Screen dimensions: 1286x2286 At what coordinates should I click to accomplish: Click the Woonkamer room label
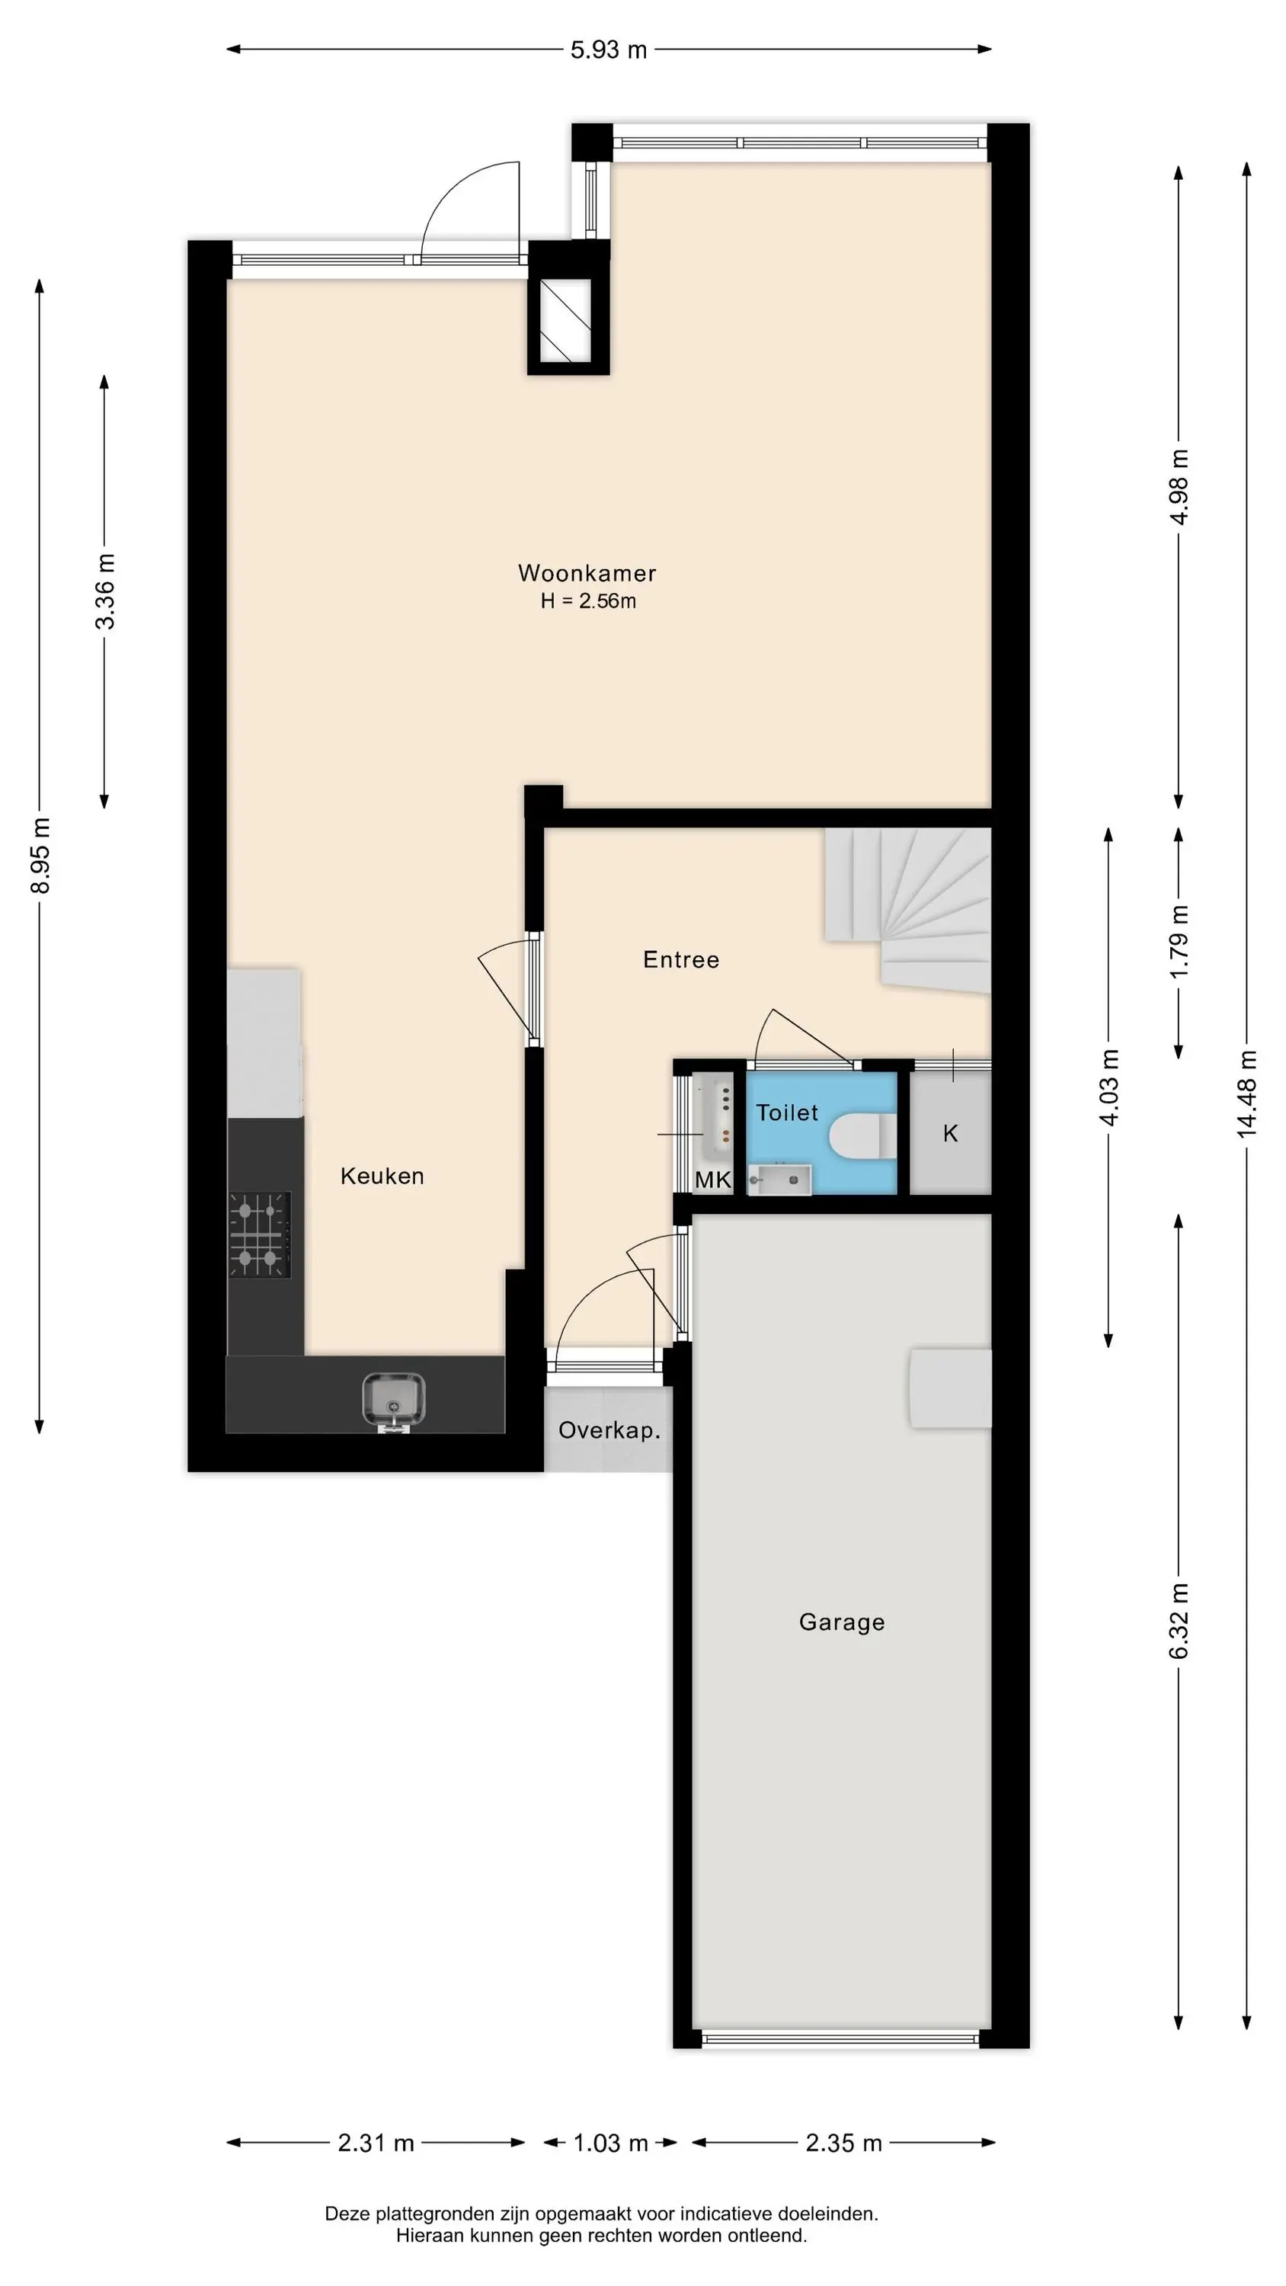pyautogui.click(x=587, y=573)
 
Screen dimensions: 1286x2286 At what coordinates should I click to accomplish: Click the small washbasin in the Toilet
pyautogui.click(x=779, y=1180)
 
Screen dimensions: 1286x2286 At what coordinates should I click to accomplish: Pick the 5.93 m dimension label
pyautogui.click(x=608, y=50)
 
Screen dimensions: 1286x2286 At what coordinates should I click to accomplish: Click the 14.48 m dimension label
pyautogui.click(x=1247, y=1093)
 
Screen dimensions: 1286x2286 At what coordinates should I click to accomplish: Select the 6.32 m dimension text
pyautogui.click(x=1179, y=1621)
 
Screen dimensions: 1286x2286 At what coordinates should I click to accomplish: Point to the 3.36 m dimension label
pyautogui.click(x=104, y=591)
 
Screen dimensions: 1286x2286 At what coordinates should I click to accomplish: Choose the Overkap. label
pyautogui.click(x=609, y=1430)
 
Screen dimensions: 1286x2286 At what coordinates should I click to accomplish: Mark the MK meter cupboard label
pyautogui.click(x=712, y=1180)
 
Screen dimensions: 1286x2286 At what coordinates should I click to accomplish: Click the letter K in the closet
pyautogui.click(x=951, y=1133)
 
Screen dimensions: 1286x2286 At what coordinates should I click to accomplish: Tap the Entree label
pyautogui.click(x=681, y=959)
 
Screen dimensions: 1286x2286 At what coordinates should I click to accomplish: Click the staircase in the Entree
pyautogui.click(x=908, y=910)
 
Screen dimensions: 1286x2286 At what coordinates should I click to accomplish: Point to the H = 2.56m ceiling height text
pyautogui.click(x=587, y=600)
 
